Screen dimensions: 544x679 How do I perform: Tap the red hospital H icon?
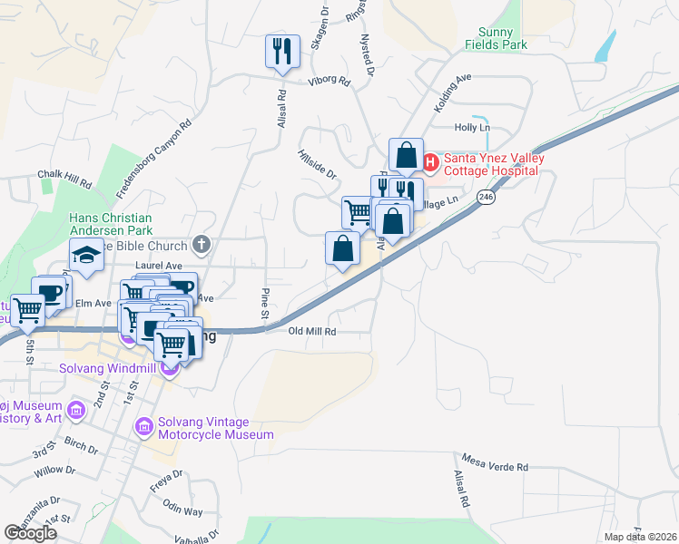pyautogui.click(x=430, y=164)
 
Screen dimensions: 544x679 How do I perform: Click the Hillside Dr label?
pyautogui.click(x=317, y=163)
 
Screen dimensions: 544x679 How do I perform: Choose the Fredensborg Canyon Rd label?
pyautogui.click(x=153, y=160)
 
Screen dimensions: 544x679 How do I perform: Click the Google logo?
pyautogui.click(x=31, y=533)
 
